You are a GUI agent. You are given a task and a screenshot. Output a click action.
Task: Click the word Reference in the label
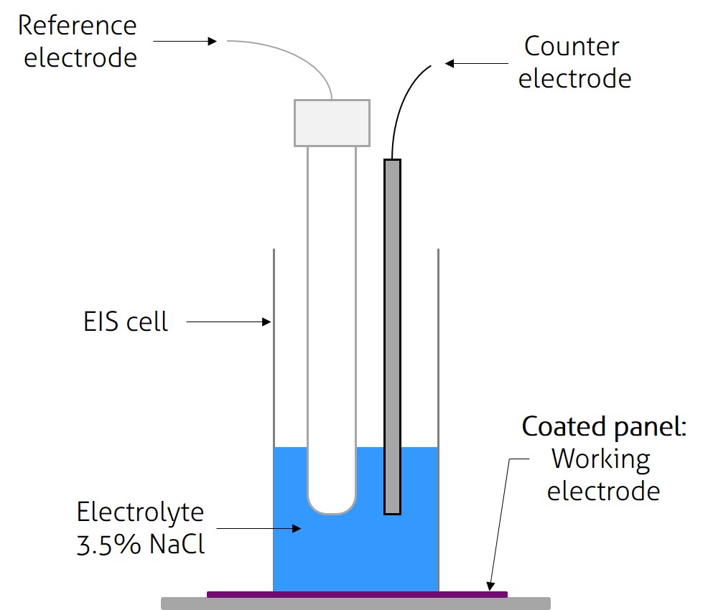click(77, 26)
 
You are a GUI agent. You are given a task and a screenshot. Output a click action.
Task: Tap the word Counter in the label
click(572, 47)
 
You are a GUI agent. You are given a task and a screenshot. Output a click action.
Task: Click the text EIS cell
click(126, 322)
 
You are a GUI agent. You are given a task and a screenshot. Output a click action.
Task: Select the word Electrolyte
click(141, 512)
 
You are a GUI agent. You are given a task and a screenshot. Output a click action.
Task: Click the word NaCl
click(177, 545)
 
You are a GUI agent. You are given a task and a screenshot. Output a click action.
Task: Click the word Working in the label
click(602, 459)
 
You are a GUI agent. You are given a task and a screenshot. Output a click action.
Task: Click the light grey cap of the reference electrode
click(332, 123)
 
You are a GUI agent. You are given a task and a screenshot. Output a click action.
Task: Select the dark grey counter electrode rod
click(392, 337)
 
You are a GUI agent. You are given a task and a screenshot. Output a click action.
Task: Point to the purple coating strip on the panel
click(357, 594)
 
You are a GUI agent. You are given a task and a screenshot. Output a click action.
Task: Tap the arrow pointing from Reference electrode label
click(185, 42)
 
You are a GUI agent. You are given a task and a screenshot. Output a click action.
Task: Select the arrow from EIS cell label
click(228, 323)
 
